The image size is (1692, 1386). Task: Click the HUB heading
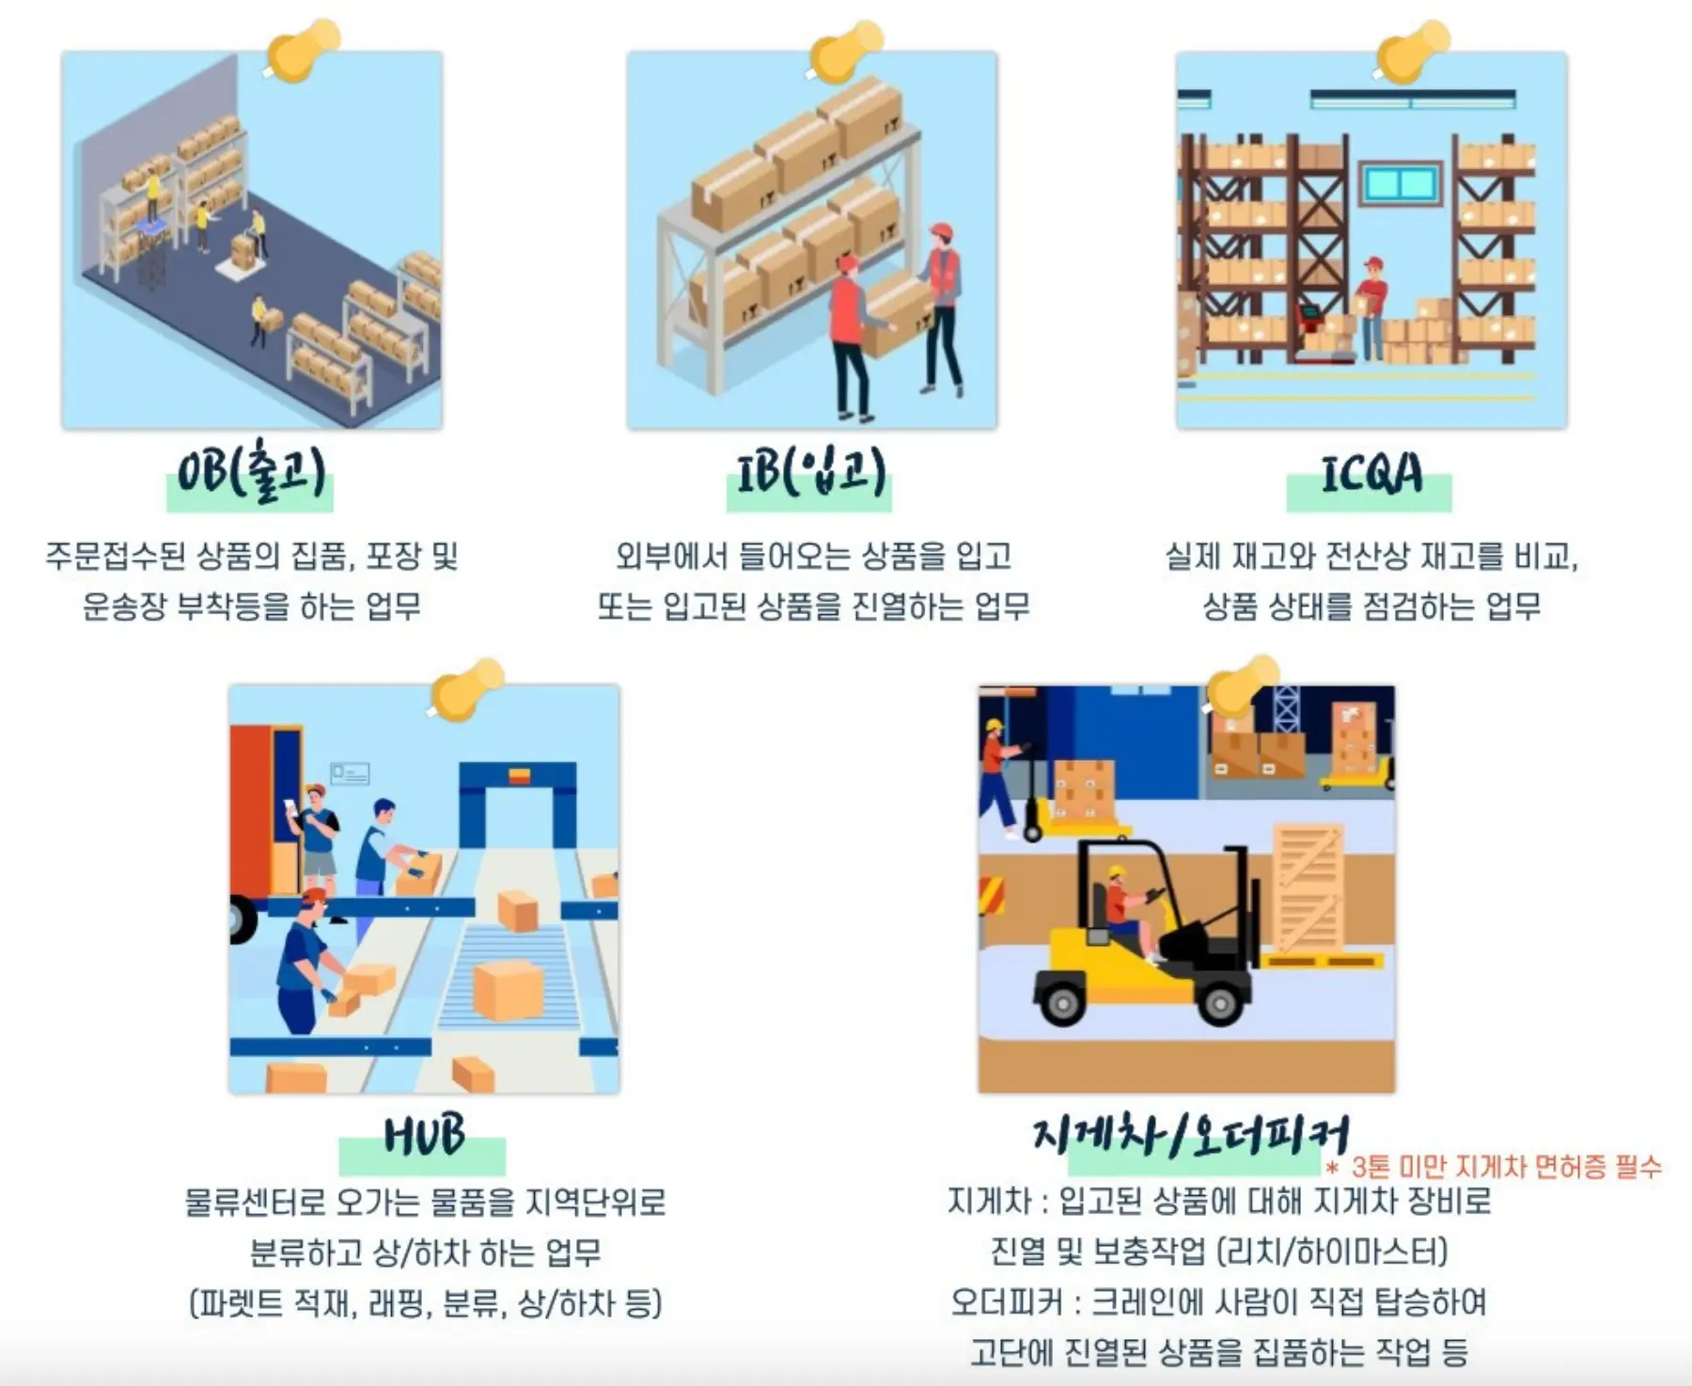[x=424, y=1135]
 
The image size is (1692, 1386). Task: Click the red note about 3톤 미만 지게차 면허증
[x=1494, y=1167]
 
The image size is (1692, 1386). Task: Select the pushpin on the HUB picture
[x=467, y=688]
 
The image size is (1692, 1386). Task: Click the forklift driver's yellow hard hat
[x=1117, y=872]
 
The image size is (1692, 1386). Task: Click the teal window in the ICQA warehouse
[x=1401, y=183]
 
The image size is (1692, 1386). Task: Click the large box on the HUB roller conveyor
[x=508, y=989]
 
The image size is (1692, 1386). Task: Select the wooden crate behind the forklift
[x=1308, y=889]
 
